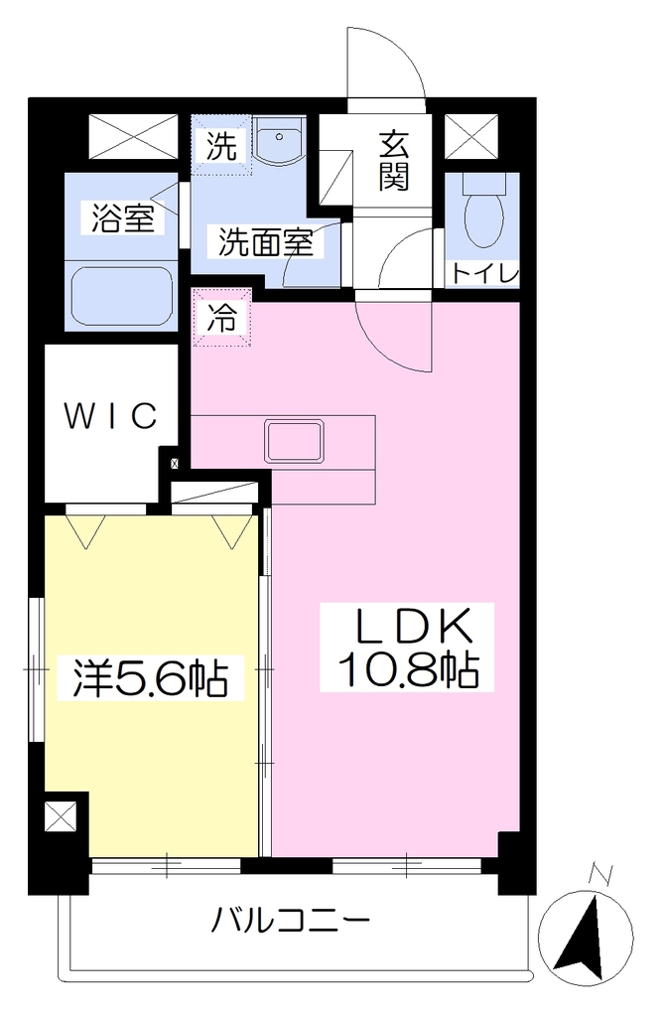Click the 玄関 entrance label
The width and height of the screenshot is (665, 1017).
[x=394, y=160]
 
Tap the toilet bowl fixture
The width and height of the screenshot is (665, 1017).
[x=483, y=212]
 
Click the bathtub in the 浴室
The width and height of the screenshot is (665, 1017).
[x=121, y=298]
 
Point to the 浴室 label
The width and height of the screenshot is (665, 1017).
[x=122, y=218]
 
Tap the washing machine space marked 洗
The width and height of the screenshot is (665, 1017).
[x=221, y=145]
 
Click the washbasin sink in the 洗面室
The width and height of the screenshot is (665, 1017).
[x=279, y=140]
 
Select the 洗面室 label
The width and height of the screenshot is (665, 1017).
[x=265, y=242]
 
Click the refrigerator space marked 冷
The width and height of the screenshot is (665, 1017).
[x=221, y=318]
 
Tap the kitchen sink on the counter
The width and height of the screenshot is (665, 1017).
[x=294, y=442]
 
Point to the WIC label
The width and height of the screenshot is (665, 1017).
[x=111, y=416]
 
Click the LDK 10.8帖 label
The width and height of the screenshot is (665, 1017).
[x=408, y=647]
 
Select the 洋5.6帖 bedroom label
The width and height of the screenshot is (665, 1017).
[x=150, y=678]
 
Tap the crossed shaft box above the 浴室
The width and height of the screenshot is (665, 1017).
[x=133, y=137]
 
